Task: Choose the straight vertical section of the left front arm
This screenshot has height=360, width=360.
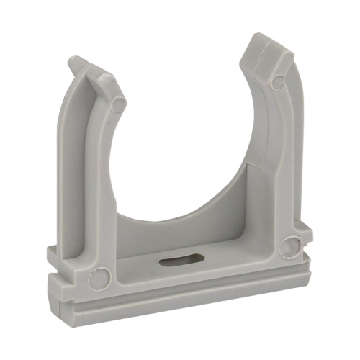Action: (x=104, y=180)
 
